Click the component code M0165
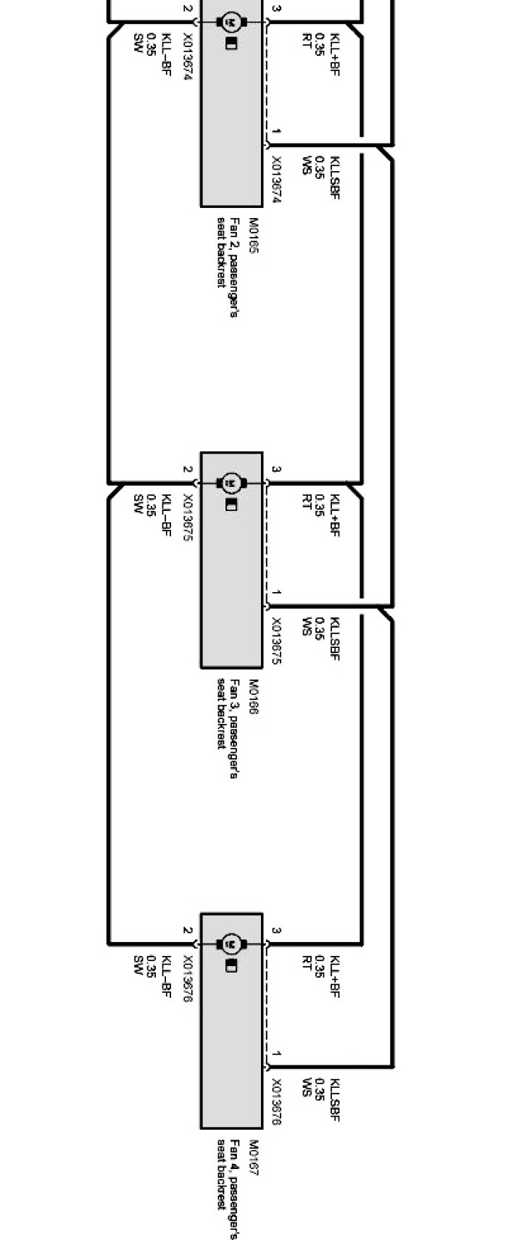coord(254,236)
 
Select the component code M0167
coord(254,1158)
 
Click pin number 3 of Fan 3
coord(276,470)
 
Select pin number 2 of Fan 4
coord(187,931)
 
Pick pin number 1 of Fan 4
coord(277,1054)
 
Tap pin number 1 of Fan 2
coord(277,132)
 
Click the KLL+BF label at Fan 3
coord(334,515)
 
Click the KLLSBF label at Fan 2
coord(334,177)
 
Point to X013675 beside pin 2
coord(187,519)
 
